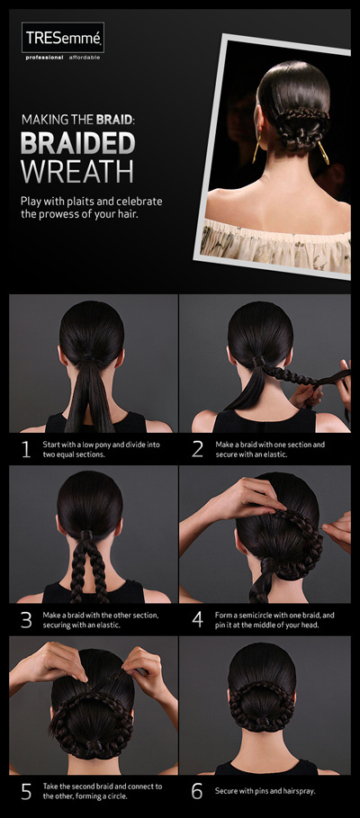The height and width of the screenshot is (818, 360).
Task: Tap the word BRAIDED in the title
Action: coord(77,144)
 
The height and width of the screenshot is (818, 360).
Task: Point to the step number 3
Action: coord(26,620)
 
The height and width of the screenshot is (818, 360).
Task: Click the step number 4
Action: coord(197,620)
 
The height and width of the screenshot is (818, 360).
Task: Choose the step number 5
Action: coord(26,792)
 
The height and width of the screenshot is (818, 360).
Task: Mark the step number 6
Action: coord(197,792)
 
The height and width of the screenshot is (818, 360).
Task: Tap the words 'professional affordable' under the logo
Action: coord(62,58)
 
